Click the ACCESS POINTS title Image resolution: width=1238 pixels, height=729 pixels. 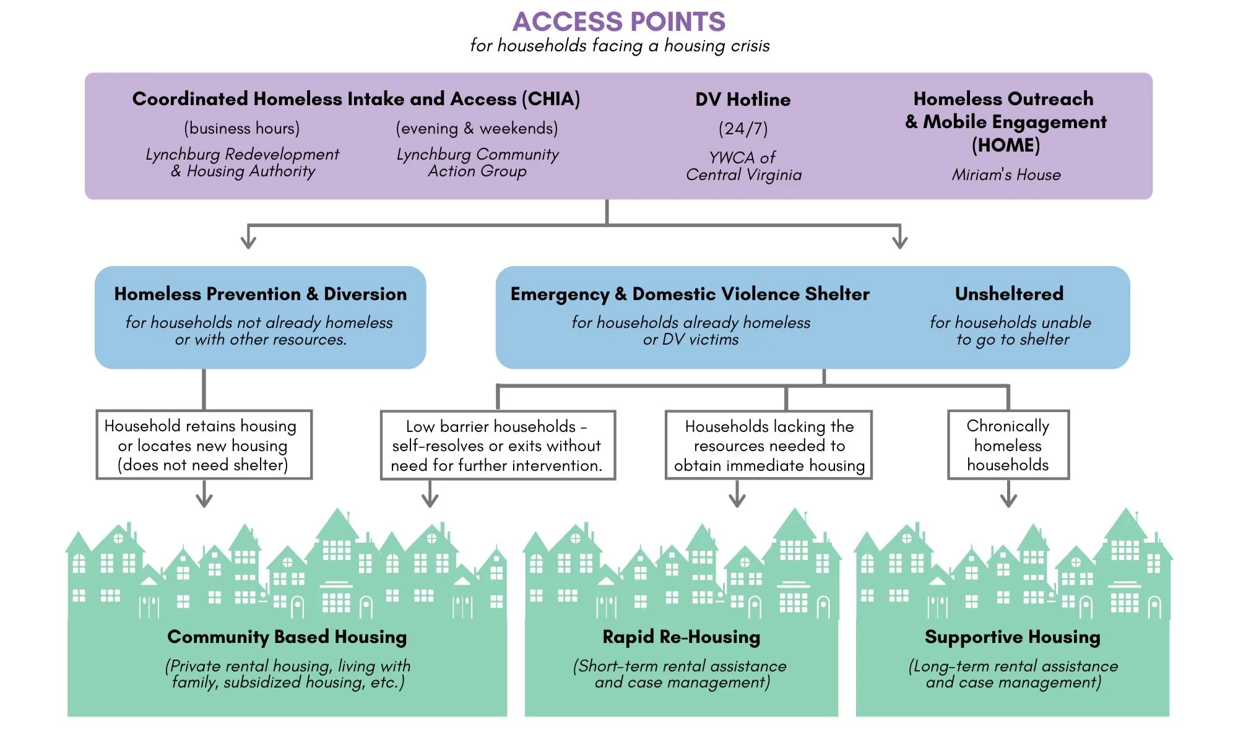click(618, 22)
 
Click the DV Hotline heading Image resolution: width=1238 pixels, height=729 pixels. click(743, 100)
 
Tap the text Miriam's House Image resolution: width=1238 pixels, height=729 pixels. click(1006, 175)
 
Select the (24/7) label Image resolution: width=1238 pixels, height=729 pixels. click(743, 129)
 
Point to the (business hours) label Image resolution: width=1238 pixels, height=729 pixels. click(242, 128)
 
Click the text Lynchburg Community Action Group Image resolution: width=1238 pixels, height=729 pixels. click(477, 163)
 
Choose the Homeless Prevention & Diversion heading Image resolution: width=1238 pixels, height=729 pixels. click(261, 294)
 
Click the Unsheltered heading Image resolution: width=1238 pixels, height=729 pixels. click(1009, 293)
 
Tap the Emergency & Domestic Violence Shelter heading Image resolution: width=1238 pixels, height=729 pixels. click(690, 294)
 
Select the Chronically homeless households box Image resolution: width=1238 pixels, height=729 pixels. click(1008, 445)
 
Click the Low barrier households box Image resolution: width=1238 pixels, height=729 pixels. click(497, 446)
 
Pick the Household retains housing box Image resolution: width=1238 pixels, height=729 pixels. click(204, 445)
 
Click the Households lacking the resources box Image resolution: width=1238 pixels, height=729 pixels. click(769, 446)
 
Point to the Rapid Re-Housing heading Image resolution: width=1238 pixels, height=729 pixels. click(681, 637)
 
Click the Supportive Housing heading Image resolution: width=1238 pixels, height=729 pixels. click(1012, 637)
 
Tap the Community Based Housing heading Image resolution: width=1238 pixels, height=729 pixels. click(287, 637)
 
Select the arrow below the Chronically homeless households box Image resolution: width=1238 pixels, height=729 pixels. click(1008, 497)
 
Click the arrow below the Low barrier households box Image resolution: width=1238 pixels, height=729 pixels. click(430, 497)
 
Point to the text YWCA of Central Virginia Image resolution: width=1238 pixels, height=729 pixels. click(743, 166)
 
